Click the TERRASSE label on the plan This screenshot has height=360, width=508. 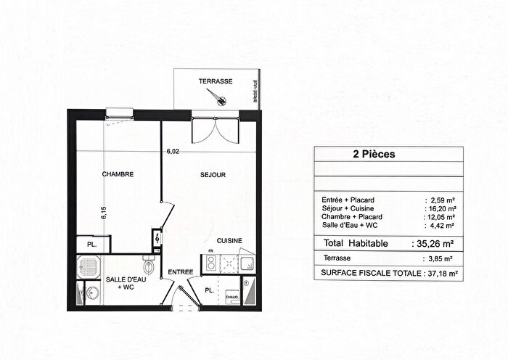coord(216,82)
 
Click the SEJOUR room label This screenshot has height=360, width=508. coord(213,175)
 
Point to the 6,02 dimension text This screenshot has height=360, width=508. coord(171,152)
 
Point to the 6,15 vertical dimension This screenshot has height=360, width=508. coord(105,212)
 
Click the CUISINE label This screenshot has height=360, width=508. coord(229,240)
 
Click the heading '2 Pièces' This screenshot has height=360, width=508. coord(375,155)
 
